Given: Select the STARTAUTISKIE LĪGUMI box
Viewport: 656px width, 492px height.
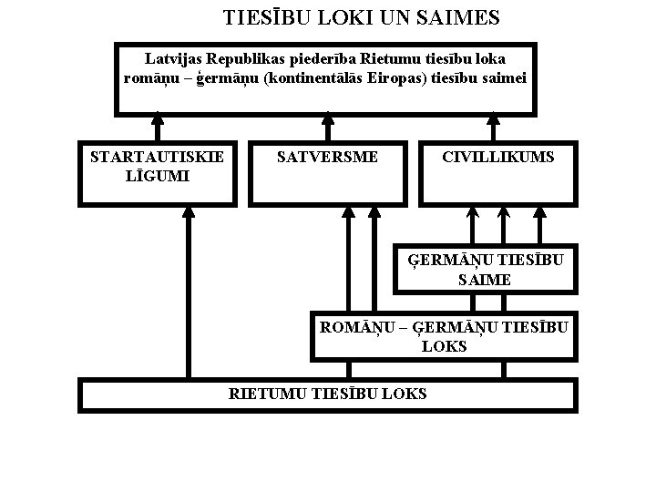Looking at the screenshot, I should [157, 171].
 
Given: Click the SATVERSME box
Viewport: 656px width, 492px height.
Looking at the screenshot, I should [327, 171].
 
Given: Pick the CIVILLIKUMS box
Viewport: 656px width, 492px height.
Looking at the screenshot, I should [497, 171].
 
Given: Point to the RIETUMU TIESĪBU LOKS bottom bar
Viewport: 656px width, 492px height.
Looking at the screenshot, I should [327, 395].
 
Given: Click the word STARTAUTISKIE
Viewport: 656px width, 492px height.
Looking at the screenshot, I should [157, 157].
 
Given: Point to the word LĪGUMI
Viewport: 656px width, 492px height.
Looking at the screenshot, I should [157, 175].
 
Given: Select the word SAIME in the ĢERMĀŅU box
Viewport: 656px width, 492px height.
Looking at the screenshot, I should [485, 280].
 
